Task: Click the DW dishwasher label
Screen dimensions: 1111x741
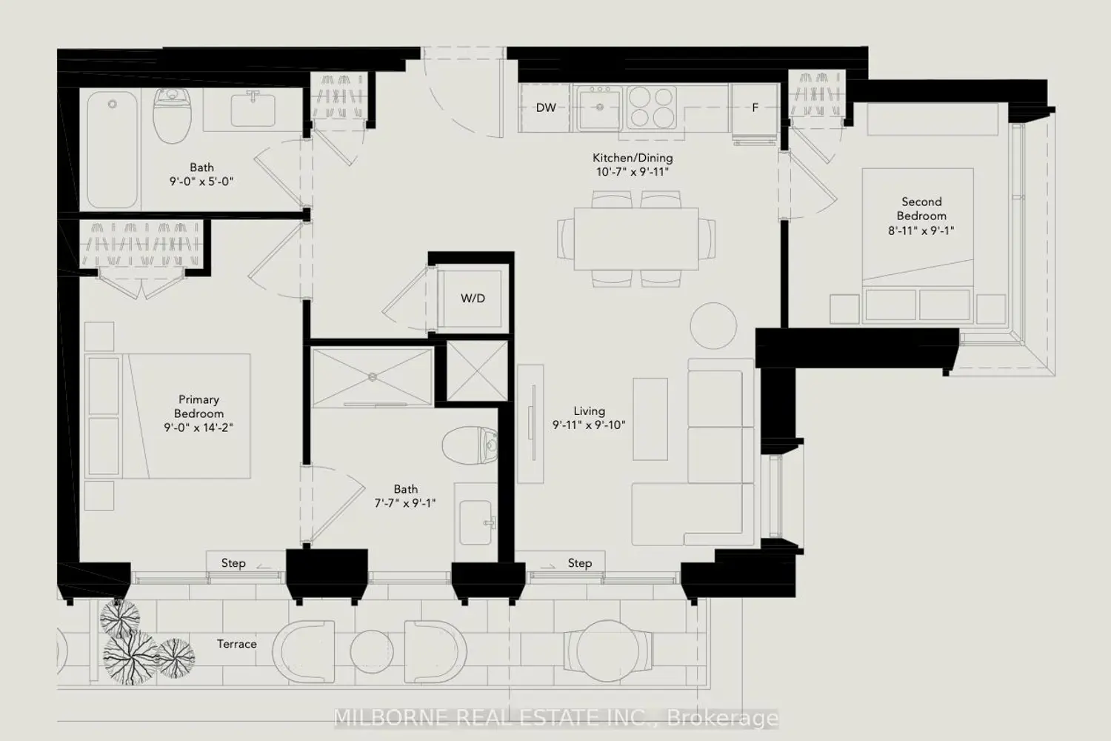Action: [x=546, y=107]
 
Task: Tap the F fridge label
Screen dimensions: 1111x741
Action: [x=755, y=107]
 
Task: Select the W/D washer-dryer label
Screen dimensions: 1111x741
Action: [x=473, y=299]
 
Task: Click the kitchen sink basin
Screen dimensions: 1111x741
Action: [x=600, y=108]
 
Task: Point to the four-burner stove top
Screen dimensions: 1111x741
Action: [x=651, y=107]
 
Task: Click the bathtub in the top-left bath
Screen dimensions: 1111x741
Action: [x=112, y=150]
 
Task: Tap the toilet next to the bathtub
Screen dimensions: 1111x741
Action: [x=172, y=116]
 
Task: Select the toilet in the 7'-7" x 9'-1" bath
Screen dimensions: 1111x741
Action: [x=470, y=445]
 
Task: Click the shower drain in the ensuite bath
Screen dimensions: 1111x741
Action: [x=373, y=377]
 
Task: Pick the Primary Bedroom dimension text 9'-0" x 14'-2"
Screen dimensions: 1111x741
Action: [x=199, y=428]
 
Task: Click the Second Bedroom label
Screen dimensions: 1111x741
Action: [x=921, y=209]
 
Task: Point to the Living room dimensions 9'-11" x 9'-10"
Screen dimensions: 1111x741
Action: [x=590, y=425]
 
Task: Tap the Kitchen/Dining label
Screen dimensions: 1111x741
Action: [x=633, y=158]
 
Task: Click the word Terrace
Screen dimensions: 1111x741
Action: [x=236, y=644]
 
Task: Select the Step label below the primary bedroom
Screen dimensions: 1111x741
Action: [x=233, y=563]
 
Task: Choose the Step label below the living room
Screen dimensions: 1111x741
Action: [x=580, y=563]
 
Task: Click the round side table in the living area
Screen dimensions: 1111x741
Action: [x=713, y=326]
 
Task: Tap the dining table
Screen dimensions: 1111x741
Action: [x=636, y=239]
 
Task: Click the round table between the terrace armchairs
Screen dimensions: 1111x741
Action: [x=372, y=652]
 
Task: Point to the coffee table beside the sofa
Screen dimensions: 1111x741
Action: [x=650, y=419]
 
